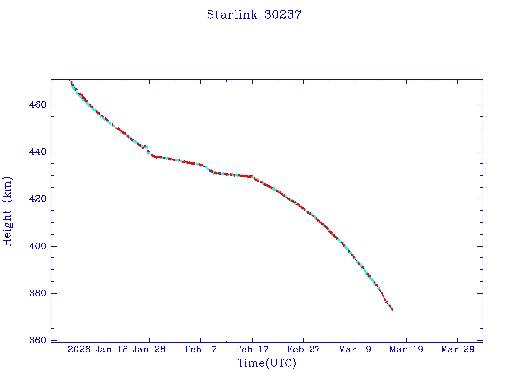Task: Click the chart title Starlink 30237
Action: tap(254, 15)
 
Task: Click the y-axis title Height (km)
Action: tap(7, 211)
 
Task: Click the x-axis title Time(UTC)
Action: tap(266, 363)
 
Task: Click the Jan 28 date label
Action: tap(149, 349)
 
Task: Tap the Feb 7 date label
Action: tap(201, 349)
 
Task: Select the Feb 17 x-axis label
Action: tap(252, 349)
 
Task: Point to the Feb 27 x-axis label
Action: tap(304, 349)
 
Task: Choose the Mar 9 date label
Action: tap(355, 349)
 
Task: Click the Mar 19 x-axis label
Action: tap(407, 349)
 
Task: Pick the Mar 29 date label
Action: tap(458, 349)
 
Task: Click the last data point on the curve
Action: tap(392, 309)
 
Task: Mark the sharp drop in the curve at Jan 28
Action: tap(149, 151)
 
